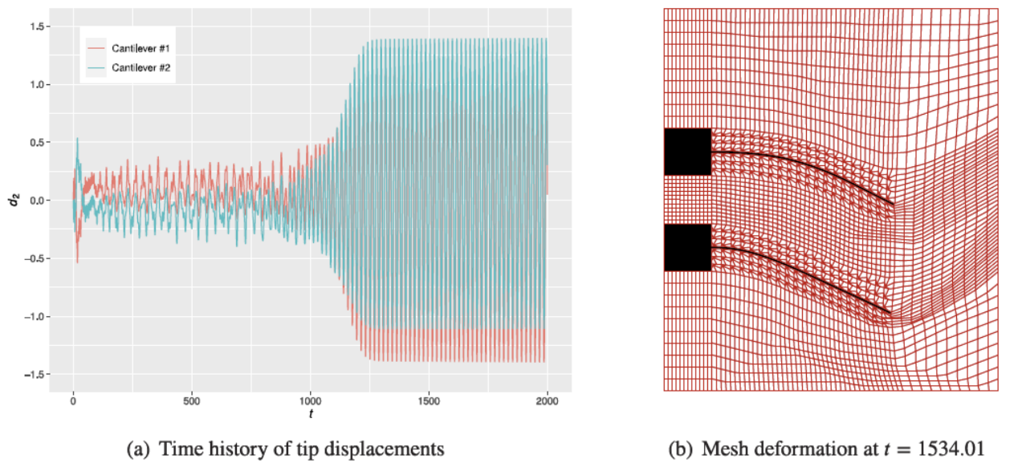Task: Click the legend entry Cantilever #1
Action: [140, 50]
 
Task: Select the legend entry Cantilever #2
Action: [140, 68]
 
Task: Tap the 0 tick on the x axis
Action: [73, 399]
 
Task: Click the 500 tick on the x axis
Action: [192, 399]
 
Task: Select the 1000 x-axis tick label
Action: [310, 399]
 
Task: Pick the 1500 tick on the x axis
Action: [429, 399]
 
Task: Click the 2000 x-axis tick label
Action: [548, 399]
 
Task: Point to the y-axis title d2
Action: [13, 201]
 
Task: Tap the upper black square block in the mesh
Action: [688, 152]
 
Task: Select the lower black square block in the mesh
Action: [688, 247]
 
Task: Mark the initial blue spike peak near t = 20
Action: [77, 139]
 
